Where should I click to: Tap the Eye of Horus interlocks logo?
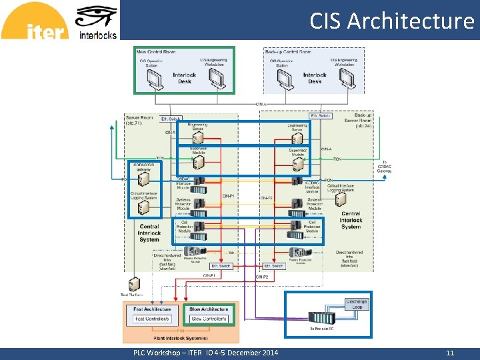(x=97, y=21)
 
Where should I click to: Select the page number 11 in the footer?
(x=450, y=353)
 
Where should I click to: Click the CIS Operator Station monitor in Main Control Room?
(x=155, y=79)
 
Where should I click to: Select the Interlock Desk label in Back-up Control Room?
(x=315, y=78)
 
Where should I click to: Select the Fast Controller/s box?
(x=152, y=319)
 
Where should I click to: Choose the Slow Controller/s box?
(x=208, y=319)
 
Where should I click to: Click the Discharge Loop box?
(x=356, y=305)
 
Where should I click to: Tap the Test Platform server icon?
(x=134, y=284)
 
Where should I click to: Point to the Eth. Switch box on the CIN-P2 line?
(x=273, y=266)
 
